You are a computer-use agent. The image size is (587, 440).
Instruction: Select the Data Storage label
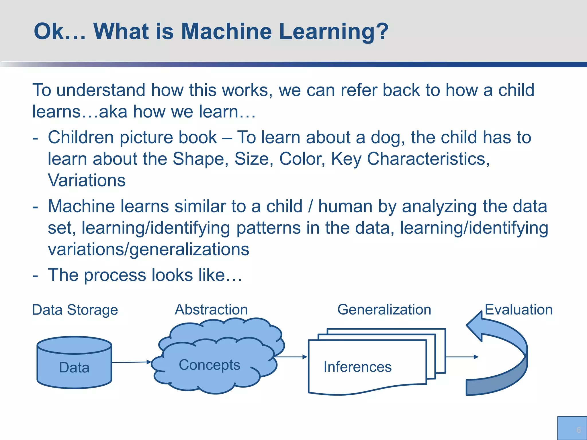click(75, 310)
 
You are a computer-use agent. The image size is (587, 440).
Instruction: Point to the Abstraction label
click(211, 310)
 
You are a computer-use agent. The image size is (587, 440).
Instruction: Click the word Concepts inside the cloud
click(210, 365)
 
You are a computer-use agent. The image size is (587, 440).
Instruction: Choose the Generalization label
click(384, 310)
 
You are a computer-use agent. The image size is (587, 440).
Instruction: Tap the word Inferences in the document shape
click(357, 367)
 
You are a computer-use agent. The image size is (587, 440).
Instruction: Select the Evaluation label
click(518, 310)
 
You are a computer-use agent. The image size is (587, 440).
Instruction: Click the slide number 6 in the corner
click(578, 430)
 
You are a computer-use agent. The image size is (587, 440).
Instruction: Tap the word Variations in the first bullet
click(87, 180)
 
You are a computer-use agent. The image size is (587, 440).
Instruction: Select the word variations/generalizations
click(148, 249)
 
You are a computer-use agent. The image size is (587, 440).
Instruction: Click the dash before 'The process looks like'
click(35, 276)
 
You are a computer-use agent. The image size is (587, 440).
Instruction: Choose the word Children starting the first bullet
click(81, 137)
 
